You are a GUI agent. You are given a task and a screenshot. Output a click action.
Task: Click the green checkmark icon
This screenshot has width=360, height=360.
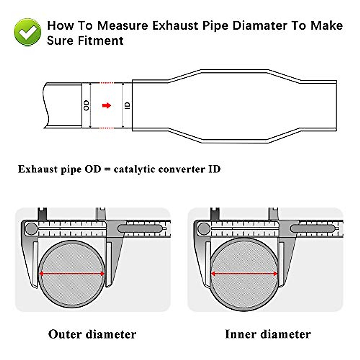[x=28, y=32]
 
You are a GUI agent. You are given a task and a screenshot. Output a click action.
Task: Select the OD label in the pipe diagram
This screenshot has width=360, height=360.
[x=86, y=105]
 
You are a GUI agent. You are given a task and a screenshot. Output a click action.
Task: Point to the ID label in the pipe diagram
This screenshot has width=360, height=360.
[x=127, y=105]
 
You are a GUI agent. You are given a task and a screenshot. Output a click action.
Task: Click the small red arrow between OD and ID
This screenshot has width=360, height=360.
[x=106, y=105]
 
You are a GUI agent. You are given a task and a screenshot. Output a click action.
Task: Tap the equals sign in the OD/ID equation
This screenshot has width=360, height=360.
[x=107, y=169]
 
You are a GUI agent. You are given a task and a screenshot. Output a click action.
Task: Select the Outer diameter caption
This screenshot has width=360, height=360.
[x=92, y=334]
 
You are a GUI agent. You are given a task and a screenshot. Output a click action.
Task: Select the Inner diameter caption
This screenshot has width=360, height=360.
[x=268, y=334]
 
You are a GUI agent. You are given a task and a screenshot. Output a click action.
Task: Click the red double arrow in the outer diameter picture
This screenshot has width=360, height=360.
[x=72, y=274]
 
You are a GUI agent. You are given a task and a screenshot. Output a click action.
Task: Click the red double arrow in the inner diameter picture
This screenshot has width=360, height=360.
[x=244, y=274]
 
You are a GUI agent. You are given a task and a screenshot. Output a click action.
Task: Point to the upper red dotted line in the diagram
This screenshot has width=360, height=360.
[x=106, y=83]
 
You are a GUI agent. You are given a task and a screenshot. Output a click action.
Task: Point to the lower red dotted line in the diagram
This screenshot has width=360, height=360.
[x=106, y=128]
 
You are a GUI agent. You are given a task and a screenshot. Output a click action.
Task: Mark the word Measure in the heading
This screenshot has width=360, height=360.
[x=122, y=26]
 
